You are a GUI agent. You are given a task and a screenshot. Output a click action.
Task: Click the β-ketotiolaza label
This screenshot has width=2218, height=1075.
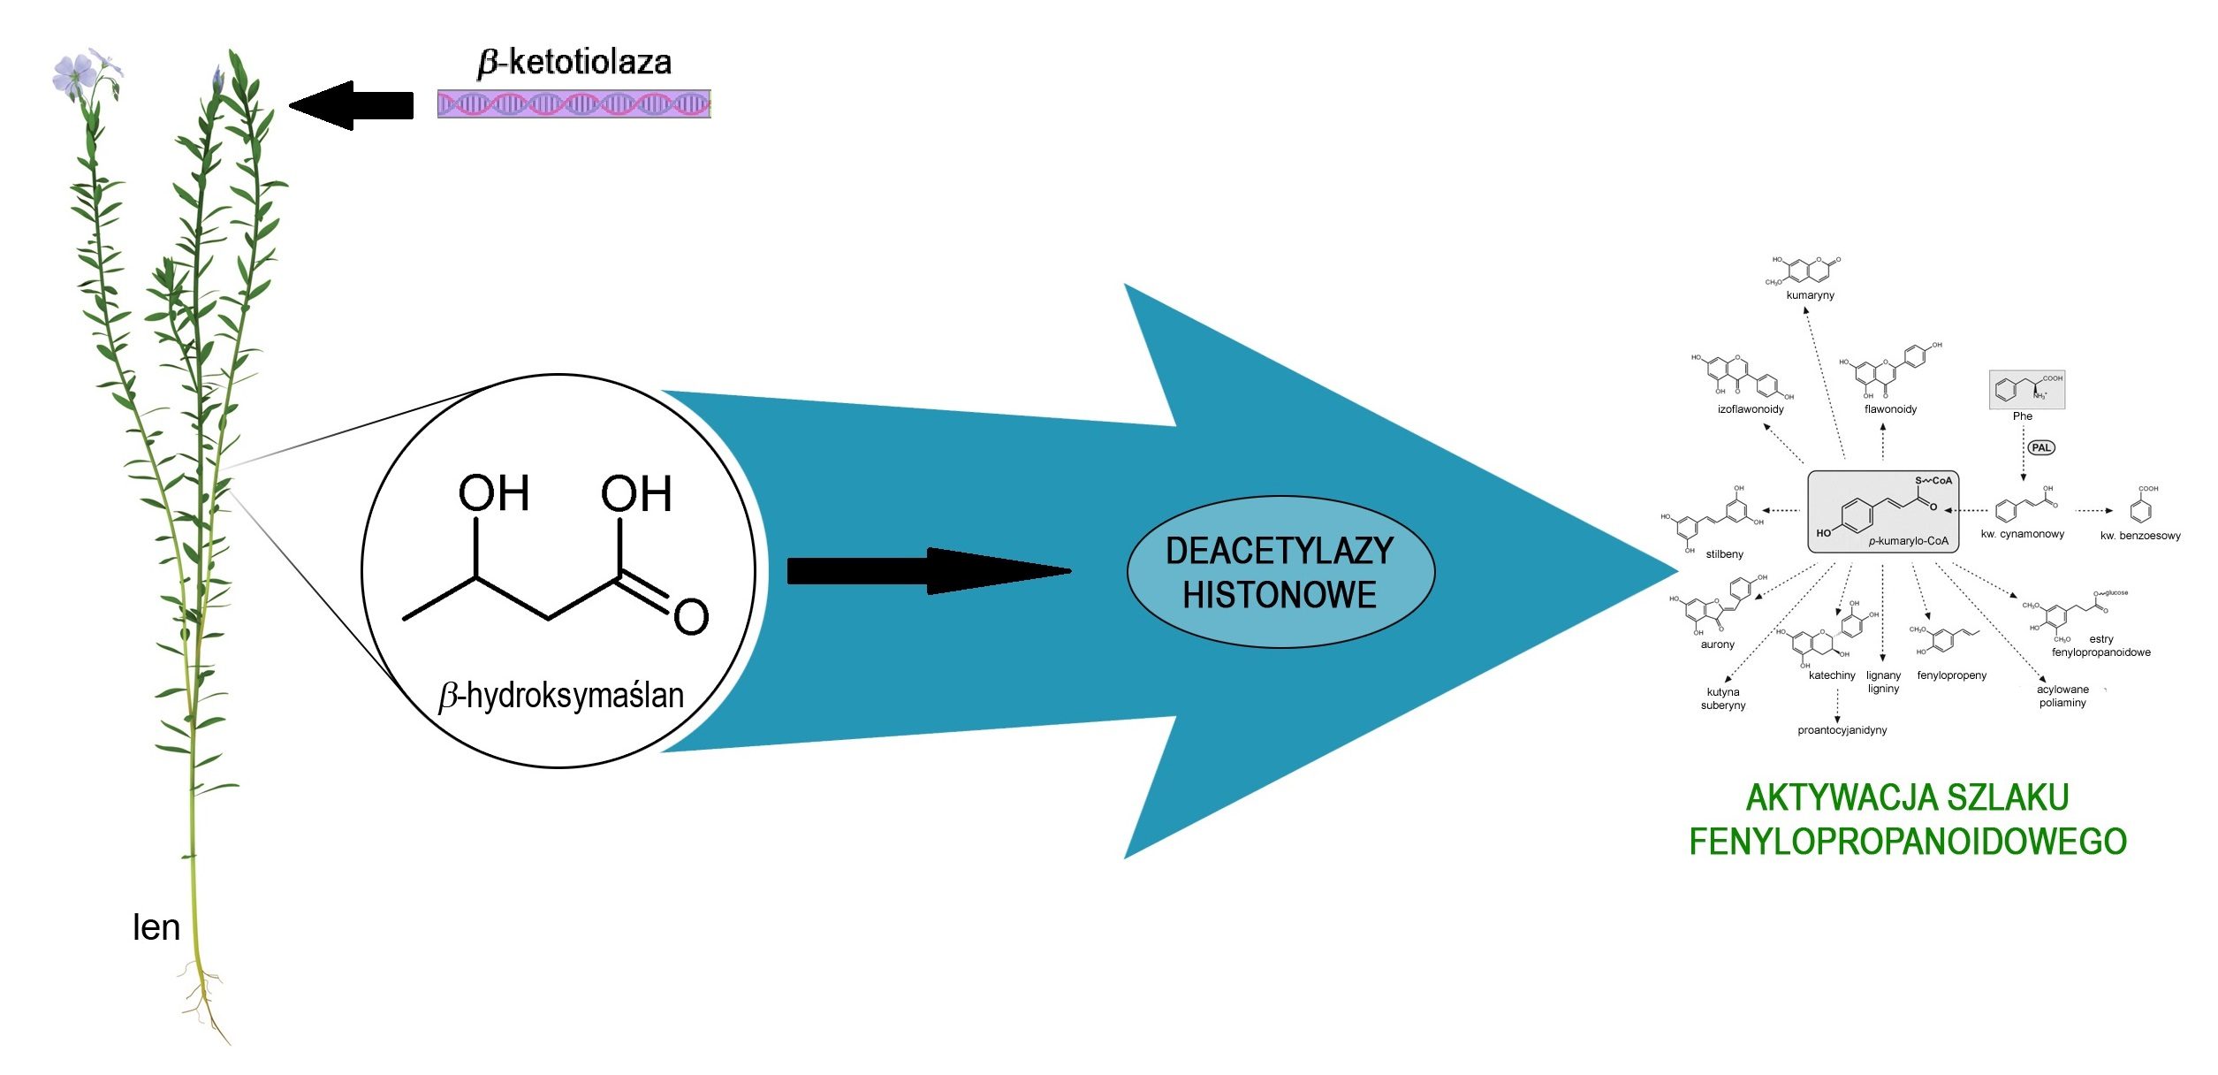point(574,63)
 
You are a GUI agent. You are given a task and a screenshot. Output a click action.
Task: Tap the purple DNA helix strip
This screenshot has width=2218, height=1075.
point(574,104)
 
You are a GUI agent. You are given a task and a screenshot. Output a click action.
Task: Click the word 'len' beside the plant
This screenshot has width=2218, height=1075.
point(156,928)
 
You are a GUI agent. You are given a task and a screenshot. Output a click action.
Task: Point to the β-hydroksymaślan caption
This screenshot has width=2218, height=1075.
point(562,697)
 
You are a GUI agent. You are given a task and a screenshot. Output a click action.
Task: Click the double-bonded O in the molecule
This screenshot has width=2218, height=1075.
point(691,616)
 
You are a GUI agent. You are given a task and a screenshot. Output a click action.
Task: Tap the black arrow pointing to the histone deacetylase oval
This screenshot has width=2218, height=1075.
point(928,571)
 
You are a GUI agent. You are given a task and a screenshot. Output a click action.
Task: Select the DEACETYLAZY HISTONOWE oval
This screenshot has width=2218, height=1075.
point(1280,573)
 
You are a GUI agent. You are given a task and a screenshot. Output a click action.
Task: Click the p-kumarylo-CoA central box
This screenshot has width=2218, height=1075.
point(1883,513)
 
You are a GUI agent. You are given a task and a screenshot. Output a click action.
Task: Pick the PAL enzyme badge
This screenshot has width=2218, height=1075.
point(2041,447)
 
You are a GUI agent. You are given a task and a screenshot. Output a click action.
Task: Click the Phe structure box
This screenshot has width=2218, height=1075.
point(2027,390)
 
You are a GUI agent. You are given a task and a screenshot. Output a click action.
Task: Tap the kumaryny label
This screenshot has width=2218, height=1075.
point(1811,295)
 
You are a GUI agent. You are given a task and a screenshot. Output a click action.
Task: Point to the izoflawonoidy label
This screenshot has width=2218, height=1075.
point(1751,409)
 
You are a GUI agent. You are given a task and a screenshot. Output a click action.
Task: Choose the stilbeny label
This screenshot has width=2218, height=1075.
point(1725,554)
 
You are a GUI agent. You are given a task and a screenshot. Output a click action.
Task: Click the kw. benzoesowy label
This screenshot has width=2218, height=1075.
point(2140,536)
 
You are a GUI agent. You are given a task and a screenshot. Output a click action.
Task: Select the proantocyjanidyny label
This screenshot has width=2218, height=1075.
point(1842,730)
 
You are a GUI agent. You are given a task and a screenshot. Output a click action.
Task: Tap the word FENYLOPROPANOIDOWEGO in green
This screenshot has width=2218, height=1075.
point(1908,842)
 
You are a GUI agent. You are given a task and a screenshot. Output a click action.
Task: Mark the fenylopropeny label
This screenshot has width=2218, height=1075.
point(1952,675)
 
